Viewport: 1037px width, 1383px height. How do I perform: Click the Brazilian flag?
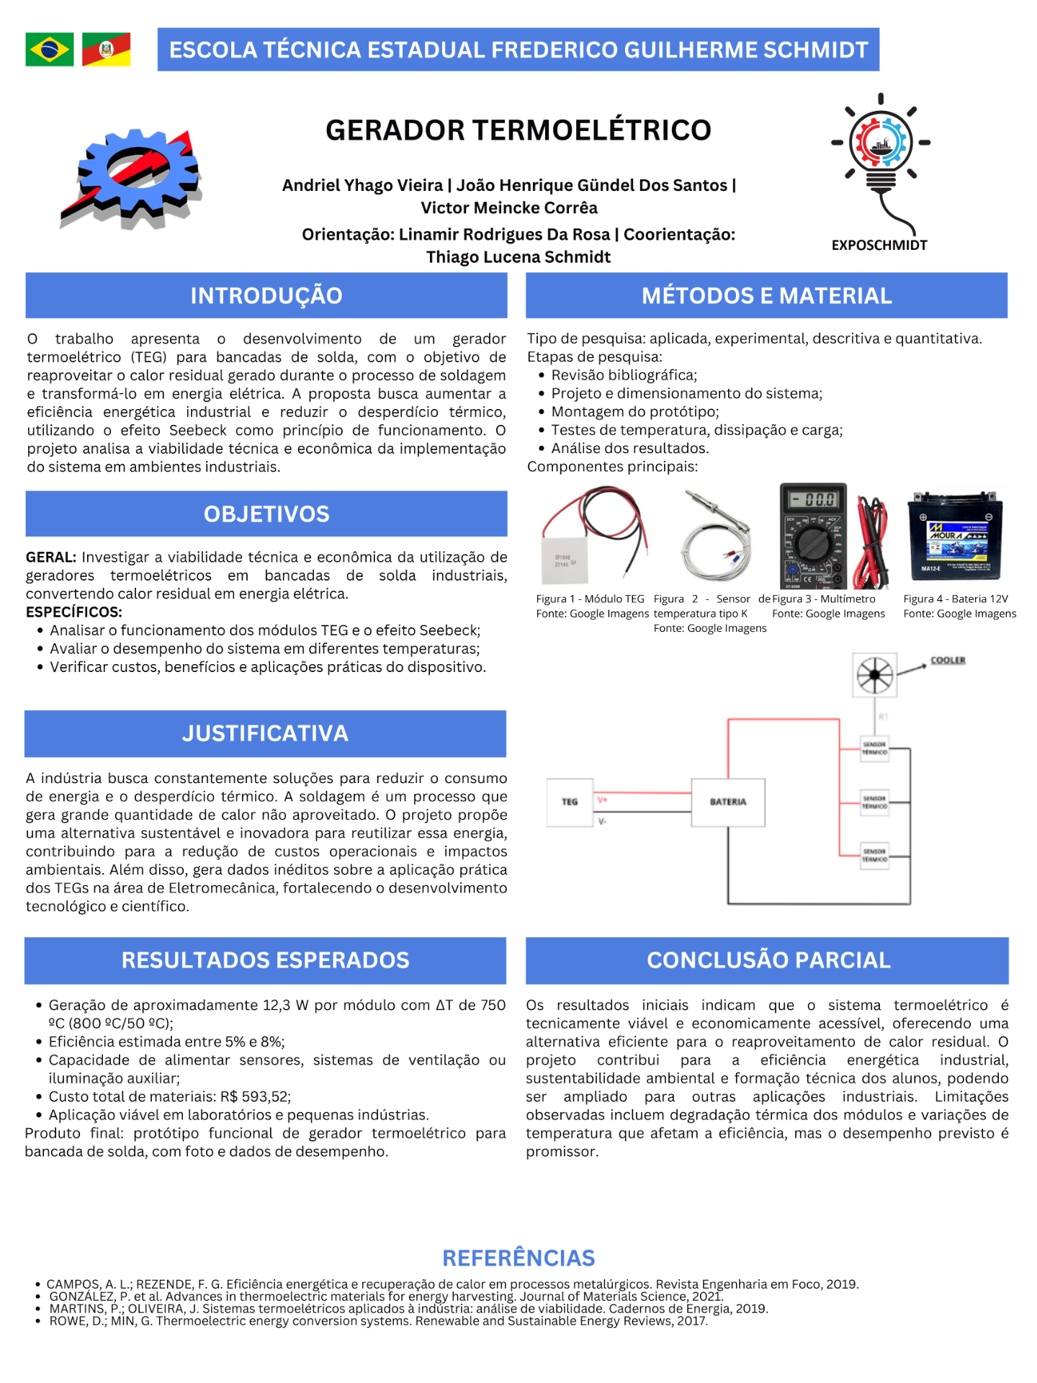[x=49, y=50]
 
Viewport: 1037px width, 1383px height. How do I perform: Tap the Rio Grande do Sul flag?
[x=106, y=50]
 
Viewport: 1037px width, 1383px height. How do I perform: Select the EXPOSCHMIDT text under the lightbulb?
[x=879, y=246]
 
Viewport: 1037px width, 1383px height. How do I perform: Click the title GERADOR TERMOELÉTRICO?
[x=518, y=130]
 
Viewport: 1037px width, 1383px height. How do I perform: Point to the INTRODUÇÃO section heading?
[x=266, y=296]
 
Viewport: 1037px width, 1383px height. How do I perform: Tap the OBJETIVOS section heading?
[x=266, y=514]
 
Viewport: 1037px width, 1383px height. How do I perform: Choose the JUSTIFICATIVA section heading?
[x=265, y=733]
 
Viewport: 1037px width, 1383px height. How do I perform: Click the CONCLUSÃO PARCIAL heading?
[x=768, y=960]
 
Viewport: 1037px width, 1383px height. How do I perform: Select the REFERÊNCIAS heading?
[x=518, y=1258]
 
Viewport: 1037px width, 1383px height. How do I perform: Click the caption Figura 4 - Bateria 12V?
[x=956, y=599]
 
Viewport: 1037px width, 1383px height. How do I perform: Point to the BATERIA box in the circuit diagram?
[x=728, y=802]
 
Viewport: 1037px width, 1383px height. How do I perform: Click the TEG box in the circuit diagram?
[x=570, y=802]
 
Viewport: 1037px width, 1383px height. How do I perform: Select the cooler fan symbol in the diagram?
[x=875, y=675]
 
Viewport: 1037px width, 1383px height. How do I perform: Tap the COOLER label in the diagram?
[x=948, y=660]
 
